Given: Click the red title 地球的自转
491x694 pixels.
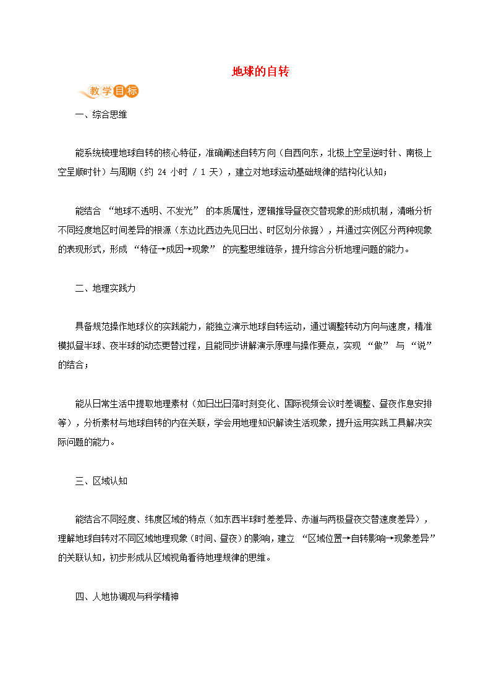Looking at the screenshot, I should tap(260, 72).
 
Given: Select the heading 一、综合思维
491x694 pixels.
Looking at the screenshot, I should tap(101, 115).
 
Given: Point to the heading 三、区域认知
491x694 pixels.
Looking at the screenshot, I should tap(101, 481).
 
